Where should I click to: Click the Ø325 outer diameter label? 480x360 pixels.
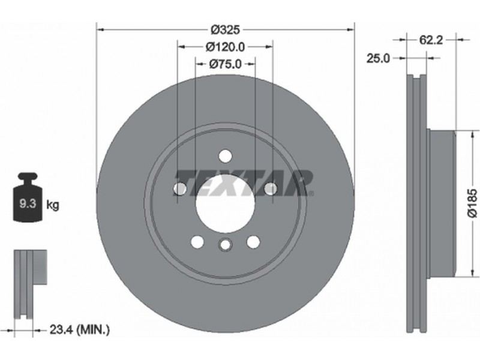pyautogui.click(x=226, y=29)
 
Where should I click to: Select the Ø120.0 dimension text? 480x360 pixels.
pyautogui.click(x=226, y=47)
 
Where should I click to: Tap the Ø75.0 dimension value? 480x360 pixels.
pyautogui.click(x=226, y=64)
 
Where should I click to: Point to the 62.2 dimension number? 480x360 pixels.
pyautogui.click(x=431, y=40)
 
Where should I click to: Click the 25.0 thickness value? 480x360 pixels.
pyautogui.click(x=379, y=58)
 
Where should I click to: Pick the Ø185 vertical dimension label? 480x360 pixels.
pyautogui.click(x=472, y=203)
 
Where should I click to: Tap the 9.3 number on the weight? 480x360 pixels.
pyautogui.click(x=28, y=203)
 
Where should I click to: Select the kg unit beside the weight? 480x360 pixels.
pyautogui.click(x=52, y=205)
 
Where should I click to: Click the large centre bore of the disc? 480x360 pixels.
pyautogui.click(x=226, y=203)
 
